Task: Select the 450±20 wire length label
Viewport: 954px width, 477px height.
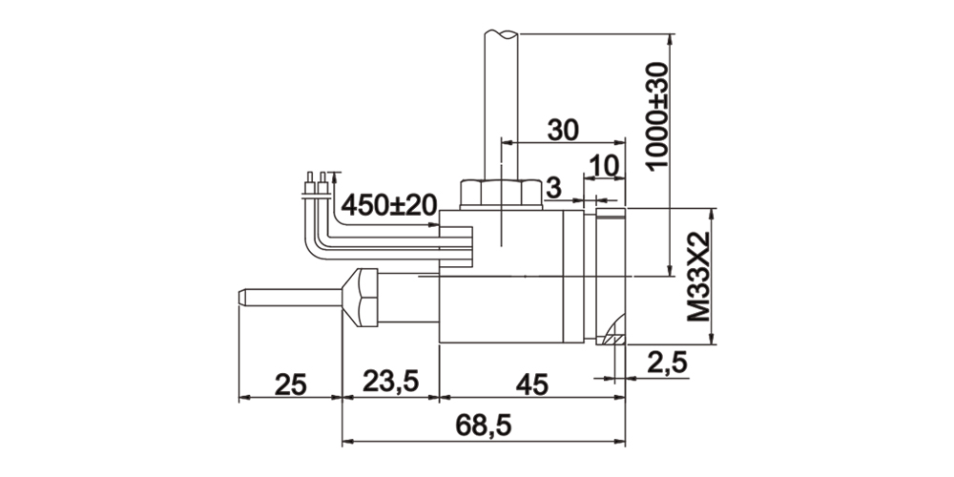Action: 389,206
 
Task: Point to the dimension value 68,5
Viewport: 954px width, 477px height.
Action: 484,425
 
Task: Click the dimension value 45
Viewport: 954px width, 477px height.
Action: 531,384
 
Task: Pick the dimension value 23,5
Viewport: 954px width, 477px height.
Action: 390,383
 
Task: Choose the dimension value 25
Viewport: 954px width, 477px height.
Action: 290,384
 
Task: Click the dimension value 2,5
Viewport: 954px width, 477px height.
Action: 668,363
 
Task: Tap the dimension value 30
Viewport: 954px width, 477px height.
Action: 563,130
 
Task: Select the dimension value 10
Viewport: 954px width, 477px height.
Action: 604,165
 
